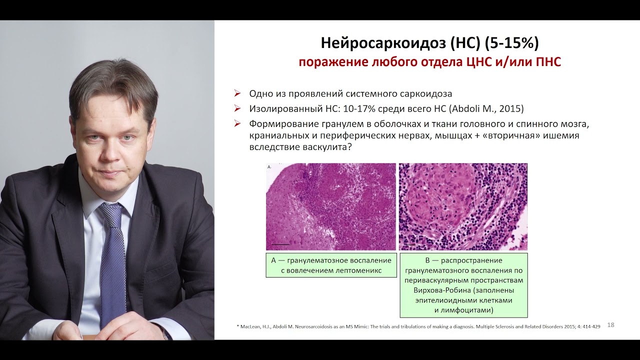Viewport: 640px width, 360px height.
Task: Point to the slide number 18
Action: click(x=610, y=325)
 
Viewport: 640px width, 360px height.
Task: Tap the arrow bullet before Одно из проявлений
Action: click(x=237, y=93)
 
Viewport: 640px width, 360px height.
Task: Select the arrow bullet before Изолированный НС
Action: click(x=237, y=108)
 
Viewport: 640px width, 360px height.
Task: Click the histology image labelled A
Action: click(x=330, y=206)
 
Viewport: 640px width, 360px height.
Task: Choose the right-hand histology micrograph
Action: click(x=463, y=206)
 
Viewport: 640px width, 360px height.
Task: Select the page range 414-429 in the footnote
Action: click(x=590, y=326)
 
